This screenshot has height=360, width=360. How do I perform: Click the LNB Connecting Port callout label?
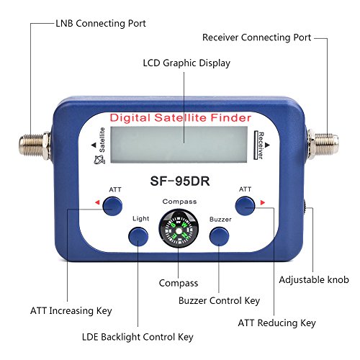click(101, 24)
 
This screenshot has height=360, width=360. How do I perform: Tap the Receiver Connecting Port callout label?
click(257, 37)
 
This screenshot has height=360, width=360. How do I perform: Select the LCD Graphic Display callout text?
click(186, 63)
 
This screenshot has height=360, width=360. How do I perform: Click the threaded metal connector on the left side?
click(35, 145)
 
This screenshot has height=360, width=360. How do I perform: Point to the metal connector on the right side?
click(323, 145)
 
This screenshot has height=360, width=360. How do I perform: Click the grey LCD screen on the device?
click(179, 145)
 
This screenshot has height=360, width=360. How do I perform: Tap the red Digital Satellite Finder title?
click(181, 118)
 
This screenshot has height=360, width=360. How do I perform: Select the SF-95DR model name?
click(180, 181)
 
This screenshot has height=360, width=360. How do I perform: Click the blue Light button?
click(138, 237)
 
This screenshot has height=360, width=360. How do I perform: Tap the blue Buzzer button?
click(219, 237)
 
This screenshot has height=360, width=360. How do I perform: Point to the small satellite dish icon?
click(99, 160)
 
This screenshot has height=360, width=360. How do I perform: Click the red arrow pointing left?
click(97, 202)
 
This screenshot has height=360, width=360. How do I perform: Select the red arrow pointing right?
click(263, 202)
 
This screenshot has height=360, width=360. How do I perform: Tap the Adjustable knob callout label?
click(314, 280)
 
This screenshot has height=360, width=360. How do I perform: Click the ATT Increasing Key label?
click(71, 311)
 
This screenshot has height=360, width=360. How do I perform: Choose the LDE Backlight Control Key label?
click(138, 337)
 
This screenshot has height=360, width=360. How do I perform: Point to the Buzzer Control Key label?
click(219, 301)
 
